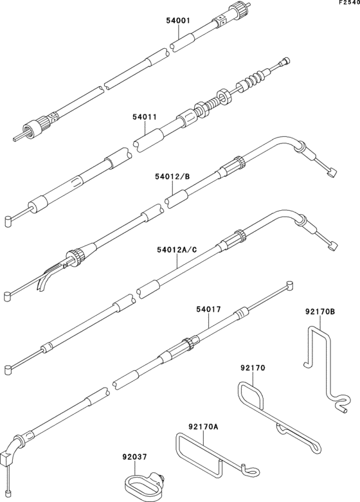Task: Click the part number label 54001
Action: coord(178,21)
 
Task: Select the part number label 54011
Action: coord(145,118)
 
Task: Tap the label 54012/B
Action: coord(172,175)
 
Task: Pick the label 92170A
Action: coord(203,426)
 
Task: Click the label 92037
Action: coord(134,458)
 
